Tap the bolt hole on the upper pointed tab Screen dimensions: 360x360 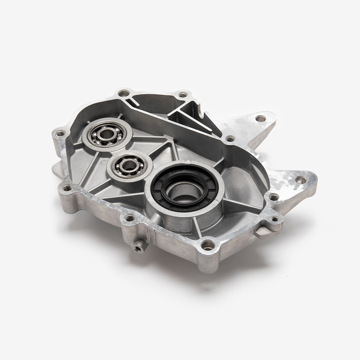(x=259, y=118)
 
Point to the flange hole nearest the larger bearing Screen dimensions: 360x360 (x=61, y=132)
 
